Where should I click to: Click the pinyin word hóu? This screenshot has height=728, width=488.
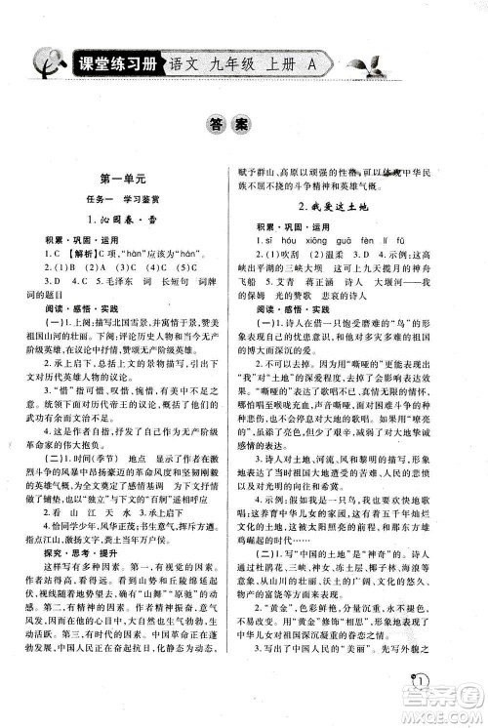point(297,239)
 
